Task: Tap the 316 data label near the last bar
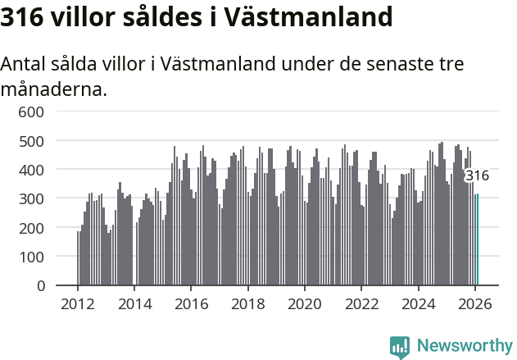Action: pos(477,175)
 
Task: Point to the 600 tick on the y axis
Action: pos(31,112)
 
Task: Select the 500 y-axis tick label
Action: pos(31,141)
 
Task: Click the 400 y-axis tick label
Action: pos(31,170)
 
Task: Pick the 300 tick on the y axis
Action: pos(31,198)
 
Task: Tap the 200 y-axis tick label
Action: pos(31,228)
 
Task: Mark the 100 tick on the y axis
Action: pos(31,257)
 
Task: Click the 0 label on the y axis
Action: pos(39,285)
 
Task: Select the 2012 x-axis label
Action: pos(78,303)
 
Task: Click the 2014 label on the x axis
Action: pos(134,303)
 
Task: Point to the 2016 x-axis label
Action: pos(191,303)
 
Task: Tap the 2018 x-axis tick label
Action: pos(247,303)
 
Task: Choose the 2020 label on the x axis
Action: pos(305,303)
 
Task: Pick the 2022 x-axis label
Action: pos(361,303)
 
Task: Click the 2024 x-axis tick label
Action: pos(418,303)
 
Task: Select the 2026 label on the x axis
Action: pos(475,303)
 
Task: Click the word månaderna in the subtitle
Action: pos(53,89)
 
